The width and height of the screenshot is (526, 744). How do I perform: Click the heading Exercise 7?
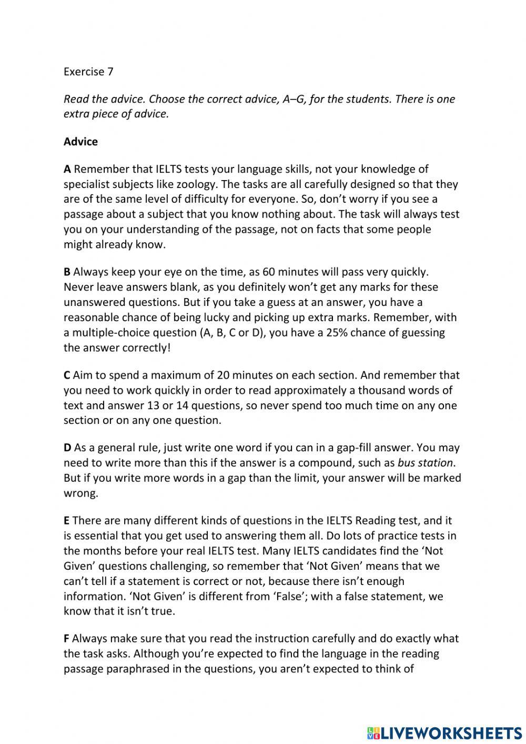[x=88, y=72]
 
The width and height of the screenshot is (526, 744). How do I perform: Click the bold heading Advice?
[x=80, y=142]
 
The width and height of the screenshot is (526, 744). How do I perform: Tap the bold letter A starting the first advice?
[x=67, y=169]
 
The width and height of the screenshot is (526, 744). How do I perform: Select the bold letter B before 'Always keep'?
[x=67, y=272]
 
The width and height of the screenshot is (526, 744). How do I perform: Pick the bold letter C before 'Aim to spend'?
[x=67, y=375]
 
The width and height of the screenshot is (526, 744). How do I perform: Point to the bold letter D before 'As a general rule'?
[x=67, y=448]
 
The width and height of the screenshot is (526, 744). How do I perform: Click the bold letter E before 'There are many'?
[x=66, y=520]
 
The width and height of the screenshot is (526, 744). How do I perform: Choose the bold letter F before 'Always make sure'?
[x=66, y=638]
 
